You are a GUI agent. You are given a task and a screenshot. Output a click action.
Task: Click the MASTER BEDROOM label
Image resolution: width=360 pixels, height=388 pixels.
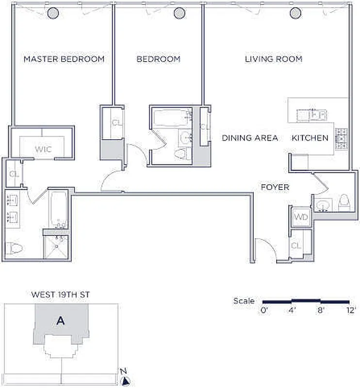(64, 59)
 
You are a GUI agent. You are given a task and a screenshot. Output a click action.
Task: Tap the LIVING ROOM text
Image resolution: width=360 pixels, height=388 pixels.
(274, 59)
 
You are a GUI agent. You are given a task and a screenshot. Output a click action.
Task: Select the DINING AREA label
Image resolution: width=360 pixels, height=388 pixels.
(250, 138)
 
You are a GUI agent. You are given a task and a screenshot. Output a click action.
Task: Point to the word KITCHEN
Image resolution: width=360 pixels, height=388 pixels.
(310, 138)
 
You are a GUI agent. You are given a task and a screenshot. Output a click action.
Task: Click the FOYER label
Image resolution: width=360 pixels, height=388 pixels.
(275, 187)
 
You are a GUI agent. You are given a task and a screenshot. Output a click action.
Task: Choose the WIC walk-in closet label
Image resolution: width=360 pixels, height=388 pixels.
(43, 149)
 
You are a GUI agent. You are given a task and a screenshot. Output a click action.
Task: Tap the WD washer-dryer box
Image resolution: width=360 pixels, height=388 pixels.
(301, 217)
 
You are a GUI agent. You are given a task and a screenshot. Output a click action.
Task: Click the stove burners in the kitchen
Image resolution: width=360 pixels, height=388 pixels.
(341, 139)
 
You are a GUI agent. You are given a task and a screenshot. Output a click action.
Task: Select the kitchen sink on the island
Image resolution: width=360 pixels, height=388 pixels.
(312, 115)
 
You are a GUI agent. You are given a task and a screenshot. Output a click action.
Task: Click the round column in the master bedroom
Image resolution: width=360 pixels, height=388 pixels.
(53, 13)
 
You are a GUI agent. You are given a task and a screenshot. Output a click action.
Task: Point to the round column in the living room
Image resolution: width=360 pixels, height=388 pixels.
(295, 13)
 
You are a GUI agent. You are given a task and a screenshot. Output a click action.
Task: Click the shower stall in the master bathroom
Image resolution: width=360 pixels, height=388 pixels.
(56, 247)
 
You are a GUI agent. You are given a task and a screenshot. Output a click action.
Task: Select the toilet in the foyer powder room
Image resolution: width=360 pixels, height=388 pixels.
(344, 202)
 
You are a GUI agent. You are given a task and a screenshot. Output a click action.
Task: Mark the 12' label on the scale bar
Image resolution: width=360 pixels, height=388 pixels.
(351, 310)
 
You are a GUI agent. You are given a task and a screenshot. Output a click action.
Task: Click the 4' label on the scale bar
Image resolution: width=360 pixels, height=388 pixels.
(292, 310)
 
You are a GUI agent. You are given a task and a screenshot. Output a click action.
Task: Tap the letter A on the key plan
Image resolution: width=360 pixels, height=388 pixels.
(61, 321)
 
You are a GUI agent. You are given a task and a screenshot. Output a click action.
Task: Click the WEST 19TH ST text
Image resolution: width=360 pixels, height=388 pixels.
(61, 295)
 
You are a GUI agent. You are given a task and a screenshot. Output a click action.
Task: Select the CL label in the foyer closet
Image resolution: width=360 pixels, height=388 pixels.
(296, 246)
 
